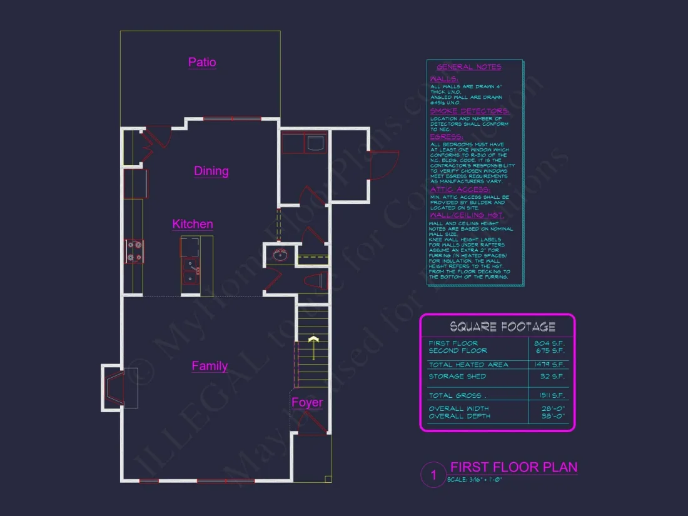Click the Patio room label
202,62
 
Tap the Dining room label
211,171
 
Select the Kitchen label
193,224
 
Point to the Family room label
210,366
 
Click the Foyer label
307,402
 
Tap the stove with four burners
134,250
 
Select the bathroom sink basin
281,255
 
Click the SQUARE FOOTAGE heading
502,326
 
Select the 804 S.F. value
550,343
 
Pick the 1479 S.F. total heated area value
550,364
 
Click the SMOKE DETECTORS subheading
469,111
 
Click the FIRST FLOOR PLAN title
513,467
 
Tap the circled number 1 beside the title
433,475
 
